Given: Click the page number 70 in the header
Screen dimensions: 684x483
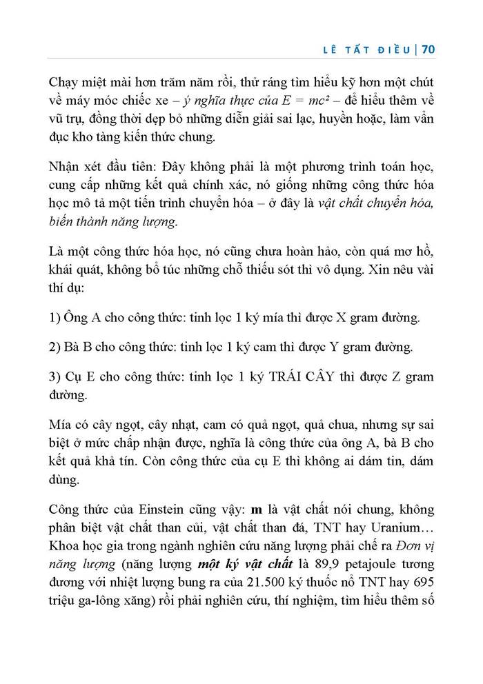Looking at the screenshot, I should coord(426,50).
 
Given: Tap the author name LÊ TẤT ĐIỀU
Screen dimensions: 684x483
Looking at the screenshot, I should coord(371,50).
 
